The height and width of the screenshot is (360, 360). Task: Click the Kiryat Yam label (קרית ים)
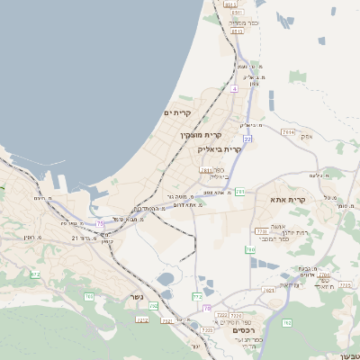(x=178, y=112)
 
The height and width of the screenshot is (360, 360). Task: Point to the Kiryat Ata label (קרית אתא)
(x=288, y=200)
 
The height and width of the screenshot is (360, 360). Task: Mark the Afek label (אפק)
(x=306, y=136)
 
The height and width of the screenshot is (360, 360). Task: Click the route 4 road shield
(x=233, y=89)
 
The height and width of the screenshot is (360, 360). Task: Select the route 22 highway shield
(x=247, y=139)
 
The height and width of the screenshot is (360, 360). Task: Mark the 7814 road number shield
(x=288, y=131)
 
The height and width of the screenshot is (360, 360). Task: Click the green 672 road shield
(x=35, y=274)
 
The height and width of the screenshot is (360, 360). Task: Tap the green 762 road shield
(x=286, y=322)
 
